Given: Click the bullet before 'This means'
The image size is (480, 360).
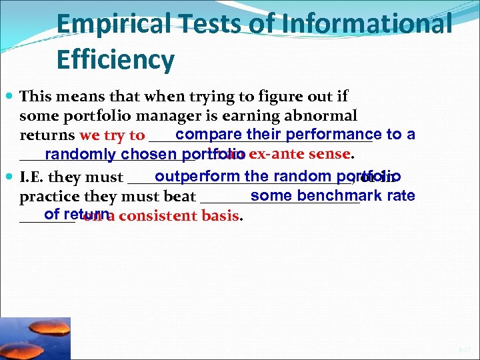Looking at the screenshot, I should [x=11, y=97].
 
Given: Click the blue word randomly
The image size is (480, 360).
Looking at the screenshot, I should [x=80, y=155].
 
